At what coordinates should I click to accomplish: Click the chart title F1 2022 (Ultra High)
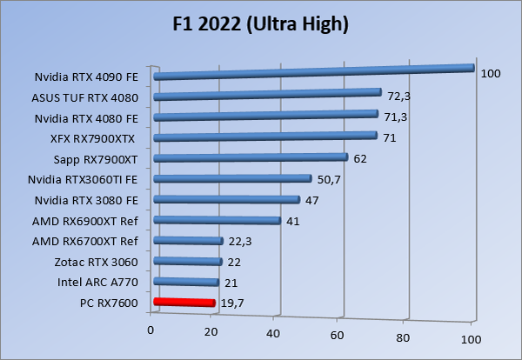[260, 24]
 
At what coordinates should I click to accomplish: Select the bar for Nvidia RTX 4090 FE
[313, 71]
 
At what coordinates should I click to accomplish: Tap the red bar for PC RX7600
[184, 302]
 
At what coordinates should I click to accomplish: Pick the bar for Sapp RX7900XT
[251, 157]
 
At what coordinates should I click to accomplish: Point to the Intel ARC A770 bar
[186, 281]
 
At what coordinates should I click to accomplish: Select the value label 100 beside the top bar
[490, 74]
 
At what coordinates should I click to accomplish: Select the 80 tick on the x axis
[403, 335]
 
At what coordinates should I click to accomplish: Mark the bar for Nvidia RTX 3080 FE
[226, 199]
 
